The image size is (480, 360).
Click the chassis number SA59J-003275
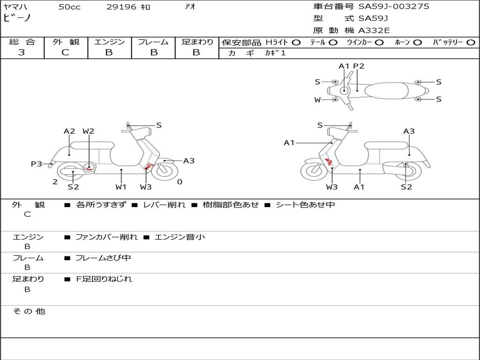(x=394, y=7)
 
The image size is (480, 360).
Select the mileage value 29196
(x=121, y=7)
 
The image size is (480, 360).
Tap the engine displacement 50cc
(x=69, y=7)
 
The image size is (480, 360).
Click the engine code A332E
(x=374, y=30)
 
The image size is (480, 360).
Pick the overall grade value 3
(x=22, y=52)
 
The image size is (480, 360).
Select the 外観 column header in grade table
(x=66, y=42)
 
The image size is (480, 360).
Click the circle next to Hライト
(x=296, y=42)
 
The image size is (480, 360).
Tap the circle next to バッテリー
(x=471, y=42)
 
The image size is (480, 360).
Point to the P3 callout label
(x=37, y=164)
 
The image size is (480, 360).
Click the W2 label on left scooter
(x=89, y=131)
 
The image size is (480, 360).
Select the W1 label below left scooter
(x=121, y=187)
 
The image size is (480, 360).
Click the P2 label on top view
(x=359, y=66)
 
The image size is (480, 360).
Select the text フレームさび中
(x=103, y=258)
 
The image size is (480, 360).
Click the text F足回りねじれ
(x=104, y=279)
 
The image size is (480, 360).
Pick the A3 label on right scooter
(x=409, y=131)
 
